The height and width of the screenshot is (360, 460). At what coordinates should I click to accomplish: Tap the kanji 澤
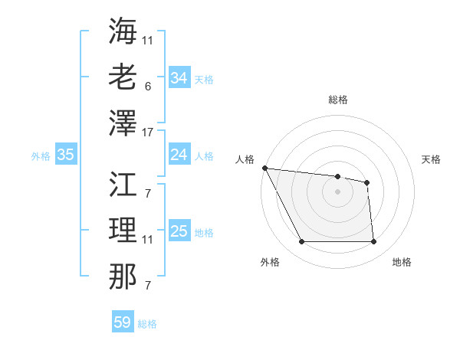123,123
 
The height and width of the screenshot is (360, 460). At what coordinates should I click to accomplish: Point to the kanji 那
123,277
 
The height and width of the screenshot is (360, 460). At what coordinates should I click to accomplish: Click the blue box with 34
179,78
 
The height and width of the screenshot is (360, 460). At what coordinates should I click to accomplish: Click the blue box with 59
123,322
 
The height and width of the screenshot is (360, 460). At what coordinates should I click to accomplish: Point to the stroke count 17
148,133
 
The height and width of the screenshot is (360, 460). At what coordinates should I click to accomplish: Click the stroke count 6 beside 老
147,86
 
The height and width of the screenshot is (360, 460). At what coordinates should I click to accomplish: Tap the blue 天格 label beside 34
204,79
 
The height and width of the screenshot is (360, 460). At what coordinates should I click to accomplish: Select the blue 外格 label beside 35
41,156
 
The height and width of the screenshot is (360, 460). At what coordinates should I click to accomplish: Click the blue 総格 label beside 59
147,323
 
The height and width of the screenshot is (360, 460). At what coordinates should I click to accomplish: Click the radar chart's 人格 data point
264,168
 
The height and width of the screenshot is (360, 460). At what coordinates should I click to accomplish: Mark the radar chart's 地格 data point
374,242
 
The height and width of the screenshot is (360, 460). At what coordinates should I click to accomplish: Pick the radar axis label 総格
338,100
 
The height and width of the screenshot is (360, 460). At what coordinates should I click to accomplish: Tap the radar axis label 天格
431,159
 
